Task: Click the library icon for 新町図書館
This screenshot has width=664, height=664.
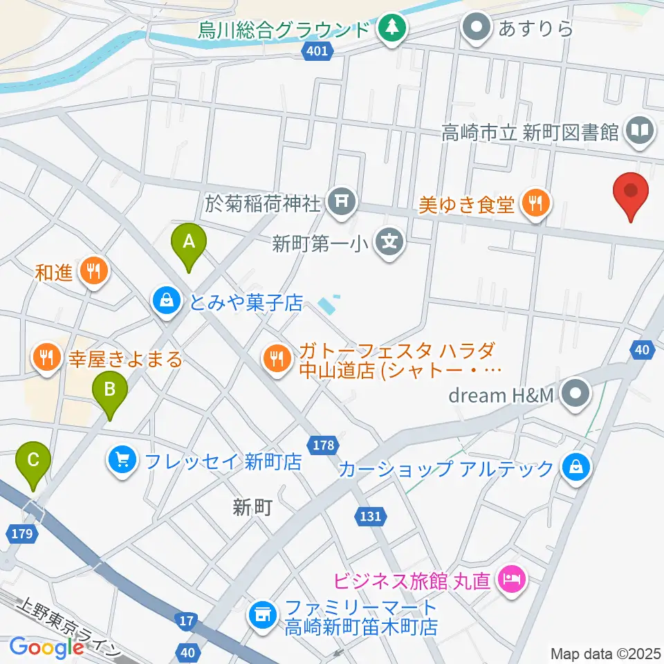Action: (640, 131)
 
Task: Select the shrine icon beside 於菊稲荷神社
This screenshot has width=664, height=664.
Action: (341, 203)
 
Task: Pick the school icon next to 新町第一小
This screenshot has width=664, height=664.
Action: (389, 243)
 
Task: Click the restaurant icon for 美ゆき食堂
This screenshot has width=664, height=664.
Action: (536, 203)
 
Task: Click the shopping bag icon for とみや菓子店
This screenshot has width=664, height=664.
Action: (167, 302)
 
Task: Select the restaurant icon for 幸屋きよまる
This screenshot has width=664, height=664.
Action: (47, 358)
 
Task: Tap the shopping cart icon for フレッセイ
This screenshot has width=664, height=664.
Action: (122, 461)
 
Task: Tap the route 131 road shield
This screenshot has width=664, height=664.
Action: (370, 515)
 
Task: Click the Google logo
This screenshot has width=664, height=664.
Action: (46, 647)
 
